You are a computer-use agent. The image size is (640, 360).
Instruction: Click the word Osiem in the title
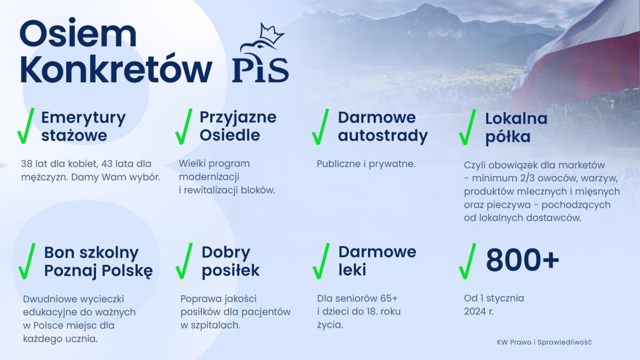pos(78,34)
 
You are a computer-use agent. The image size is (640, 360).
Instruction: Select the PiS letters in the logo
pos(260,70)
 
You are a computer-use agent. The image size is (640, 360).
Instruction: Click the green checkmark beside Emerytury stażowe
pos(26,126)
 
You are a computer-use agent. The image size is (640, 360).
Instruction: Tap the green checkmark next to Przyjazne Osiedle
pos(184,126)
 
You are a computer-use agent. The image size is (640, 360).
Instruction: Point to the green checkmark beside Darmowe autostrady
pos(321,126)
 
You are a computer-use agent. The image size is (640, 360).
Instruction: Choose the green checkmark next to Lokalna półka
pos(467,127)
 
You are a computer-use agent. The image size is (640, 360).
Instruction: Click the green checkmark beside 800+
pos(467,261)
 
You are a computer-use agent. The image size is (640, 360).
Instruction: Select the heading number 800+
pos(523,260)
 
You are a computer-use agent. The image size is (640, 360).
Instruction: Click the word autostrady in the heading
pos(383,135)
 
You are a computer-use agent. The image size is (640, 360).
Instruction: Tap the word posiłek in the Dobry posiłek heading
pos(230,270)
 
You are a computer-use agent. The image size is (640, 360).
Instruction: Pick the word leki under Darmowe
pos(353,269)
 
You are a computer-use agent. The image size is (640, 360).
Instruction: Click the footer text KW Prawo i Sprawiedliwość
pos(545,342)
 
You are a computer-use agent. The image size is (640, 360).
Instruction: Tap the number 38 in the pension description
pos(26,164)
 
